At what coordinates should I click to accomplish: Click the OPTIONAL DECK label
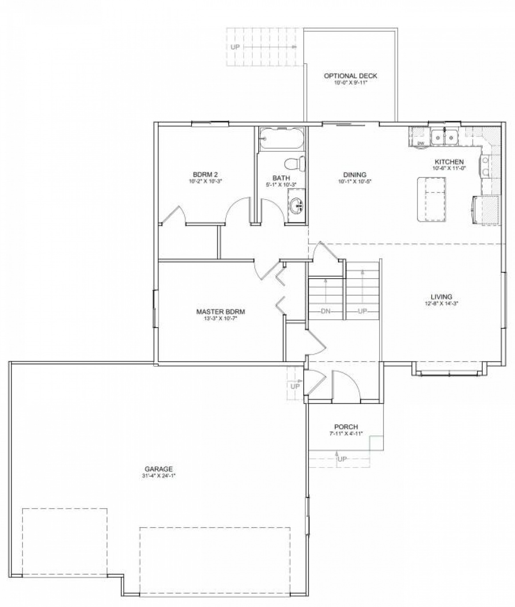pyautogui.click(x=350, y=76)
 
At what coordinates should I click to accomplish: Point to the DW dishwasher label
pyautogui.click(x=420, y=143)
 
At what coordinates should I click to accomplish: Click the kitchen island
pyautogui.click(x=431, y=199)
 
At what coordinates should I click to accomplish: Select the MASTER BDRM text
pyautogui.click(x=220, y=312)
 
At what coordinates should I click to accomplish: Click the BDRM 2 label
pyautogui.click(x=205, y=175)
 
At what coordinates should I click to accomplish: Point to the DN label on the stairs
pyautogui.click(x=326, y=311)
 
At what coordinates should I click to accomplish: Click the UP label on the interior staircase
pyautogui.click(x=362, y=311)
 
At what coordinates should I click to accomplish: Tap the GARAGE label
pyautogui.click(x=159, y=469)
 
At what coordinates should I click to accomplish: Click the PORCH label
pyautogui.click(x=346, y=427)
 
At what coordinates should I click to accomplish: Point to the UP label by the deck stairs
pyautogui.click(x=235, y=47)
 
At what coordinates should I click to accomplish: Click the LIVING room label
pyautogui.click(x=441, y=297)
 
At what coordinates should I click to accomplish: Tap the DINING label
pyautogui.click(x=355, y=175)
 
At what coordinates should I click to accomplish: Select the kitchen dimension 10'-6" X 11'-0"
pyautogui.click(x=449, y=168)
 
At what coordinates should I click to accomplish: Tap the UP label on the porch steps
pyautogui.click(x=342, y=459)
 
